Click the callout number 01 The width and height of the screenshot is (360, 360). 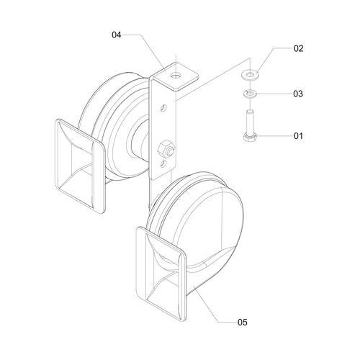click(298, 136)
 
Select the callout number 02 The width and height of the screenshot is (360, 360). click(299, 48)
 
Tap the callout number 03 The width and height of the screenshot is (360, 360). click(298, 94)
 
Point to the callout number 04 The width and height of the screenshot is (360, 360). click(117, 35)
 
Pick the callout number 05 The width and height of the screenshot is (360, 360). click(243, 322)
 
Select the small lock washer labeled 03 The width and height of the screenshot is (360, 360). click(250, 93)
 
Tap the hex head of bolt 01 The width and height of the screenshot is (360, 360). click(250, 138)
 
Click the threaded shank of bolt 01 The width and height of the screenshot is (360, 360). click(250, 122)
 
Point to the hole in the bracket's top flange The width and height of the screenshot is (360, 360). click(176, 76)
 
